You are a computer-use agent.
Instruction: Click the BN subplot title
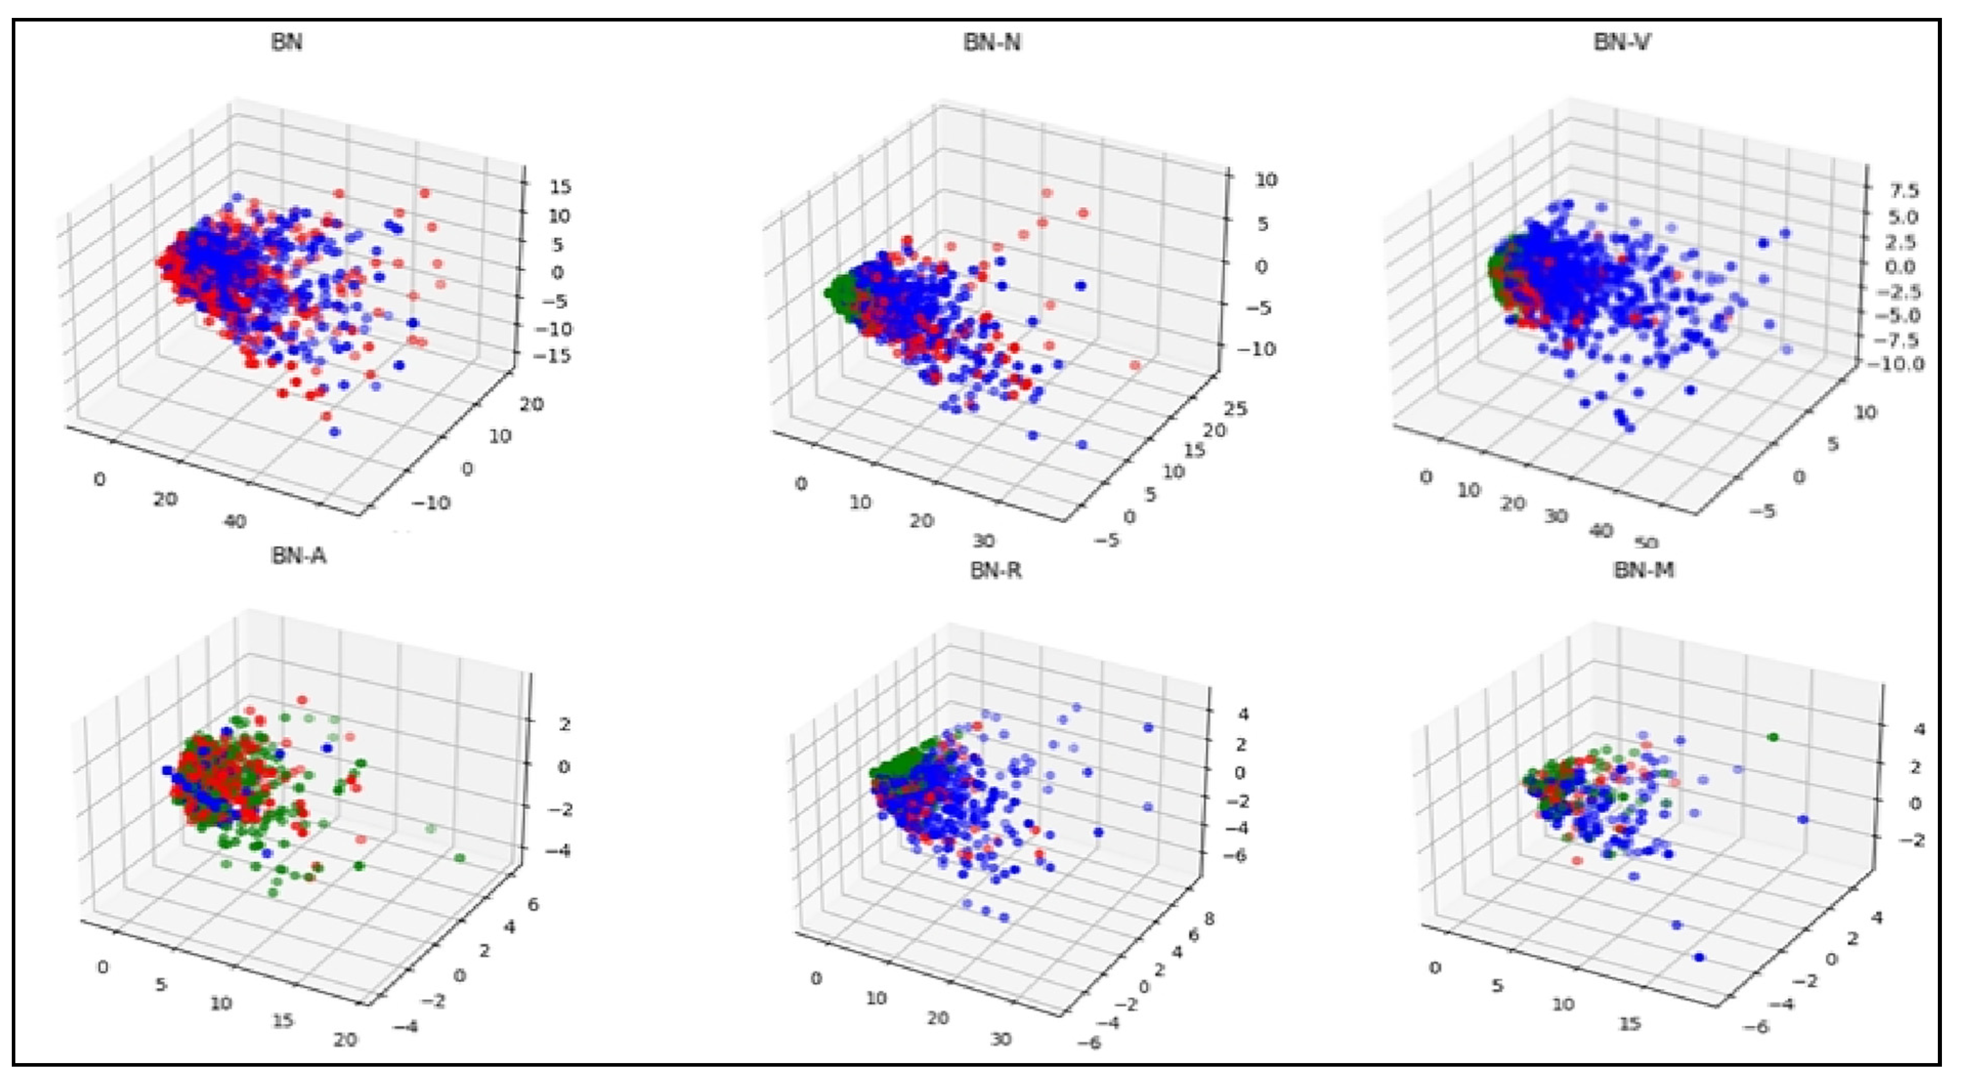(287, 42)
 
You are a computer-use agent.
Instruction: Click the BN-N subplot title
(991, 42)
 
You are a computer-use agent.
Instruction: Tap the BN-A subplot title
(298, 556)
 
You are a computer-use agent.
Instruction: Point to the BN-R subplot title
(995, 571)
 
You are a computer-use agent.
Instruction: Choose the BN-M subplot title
(1644, 571)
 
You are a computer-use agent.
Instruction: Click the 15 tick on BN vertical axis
(560, 187)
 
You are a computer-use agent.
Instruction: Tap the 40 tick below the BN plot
(234, 522)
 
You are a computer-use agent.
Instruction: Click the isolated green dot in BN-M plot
(1772, 737)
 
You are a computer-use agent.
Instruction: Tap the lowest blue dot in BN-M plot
(1699, 958)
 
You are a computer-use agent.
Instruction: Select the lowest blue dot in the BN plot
(334, 432)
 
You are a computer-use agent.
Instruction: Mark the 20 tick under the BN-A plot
(345, 1040)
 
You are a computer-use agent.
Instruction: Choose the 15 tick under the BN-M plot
(1629, 1023)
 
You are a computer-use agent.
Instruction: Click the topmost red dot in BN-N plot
(1046, 193)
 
